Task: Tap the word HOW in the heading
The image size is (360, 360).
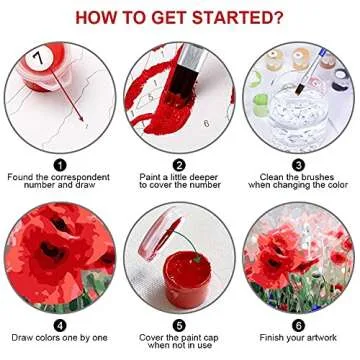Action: [x=99, y=17]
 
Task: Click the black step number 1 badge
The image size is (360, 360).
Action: [x=59, y=165]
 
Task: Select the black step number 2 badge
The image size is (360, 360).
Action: [x=179, y=165]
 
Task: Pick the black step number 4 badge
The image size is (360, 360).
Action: [x=59, y=324]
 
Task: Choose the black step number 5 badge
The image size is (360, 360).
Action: [x=179, y=324]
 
